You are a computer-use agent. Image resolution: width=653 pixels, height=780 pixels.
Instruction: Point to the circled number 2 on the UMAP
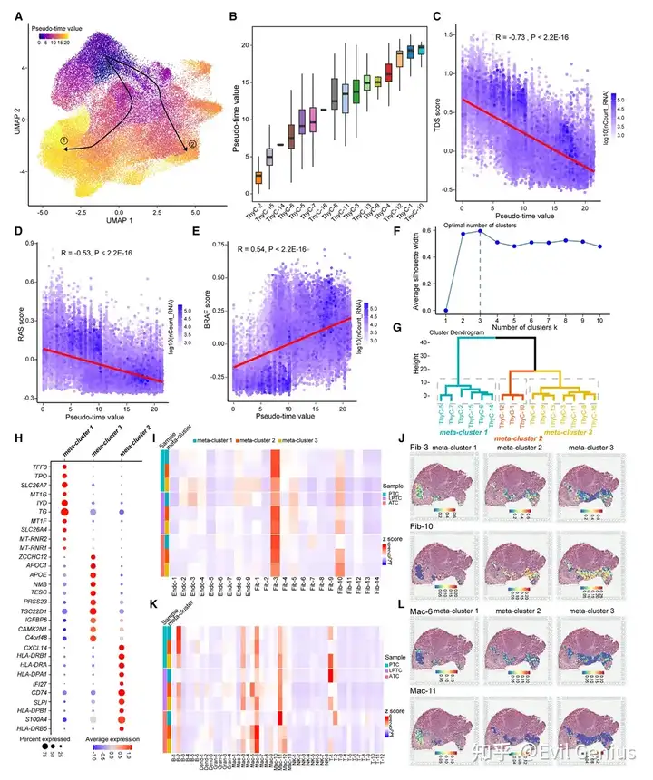coord(190,145)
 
